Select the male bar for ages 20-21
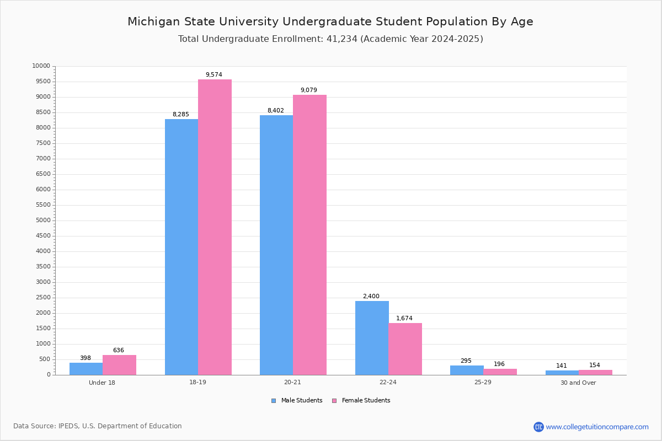click(x=276, y=245)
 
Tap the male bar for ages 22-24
click(x=372, y=338)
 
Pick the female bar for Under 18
click(x=119, y=365)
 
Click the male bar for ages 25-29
click(x=467, y=370)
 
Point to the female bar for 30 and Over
click(x=595, y=372)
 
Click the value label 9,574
click(x=214, y=75)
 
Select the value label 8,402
click(x=276, y=111)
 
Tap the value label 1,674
click(x=404, y=319)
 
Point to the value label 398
click(x=86, y=358)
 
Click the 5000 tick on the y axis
click(x=42, y=220)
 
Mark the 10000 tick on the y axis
click(x=41, y=66)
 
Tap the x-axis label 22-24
click(x=388, y=383)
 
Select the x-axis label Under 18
click(x=102, y=383)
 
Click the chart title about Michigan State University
click(x=330, y=22)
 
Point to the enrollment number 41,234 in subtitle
click(x=342, y=39)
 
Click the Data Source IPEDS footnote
click(x=98, y=426)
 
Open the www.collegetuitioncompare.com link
click(x=597, y=427)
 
